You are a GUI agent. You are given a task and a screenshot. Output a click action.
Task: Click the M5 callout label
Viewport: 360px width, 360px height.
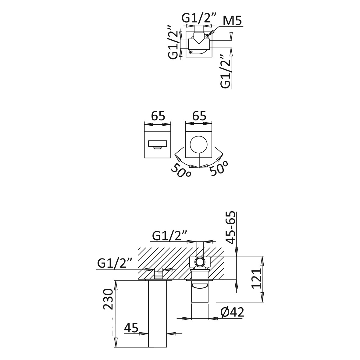point(232,21)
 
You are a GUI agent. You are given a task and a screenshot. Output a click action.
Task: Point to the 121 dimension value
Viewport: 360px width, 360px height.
point(256,279)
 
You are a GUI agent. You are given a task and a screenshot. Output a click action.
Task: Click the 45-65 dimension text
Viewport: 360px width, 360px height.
point(231,227)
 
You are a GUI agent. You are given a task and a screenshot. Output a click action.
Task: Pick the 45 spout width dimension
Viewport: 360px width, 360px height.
point(131,328)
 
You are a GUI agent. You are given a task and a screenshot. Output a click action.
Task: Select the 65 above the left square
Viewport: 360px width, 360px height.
point(158,116)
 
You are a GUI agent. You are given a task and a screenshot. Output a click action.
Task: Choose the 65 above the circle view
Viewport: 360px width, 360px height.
point(199,116)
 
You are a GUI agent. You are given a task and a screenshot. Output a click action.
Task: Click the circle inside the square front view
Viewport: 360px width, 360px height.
point(199,144)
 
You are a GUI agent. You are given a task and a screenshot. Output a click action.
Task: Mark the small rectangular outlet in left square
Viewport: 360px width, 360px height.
point(157,144)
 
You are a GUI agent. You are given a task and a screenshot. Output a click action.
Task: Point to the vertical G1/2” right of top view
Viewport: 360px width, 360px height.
point(226,72)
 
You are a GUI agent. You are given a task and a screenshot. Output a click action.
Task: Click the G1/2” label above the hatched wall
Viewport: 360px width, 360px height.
point(169,236)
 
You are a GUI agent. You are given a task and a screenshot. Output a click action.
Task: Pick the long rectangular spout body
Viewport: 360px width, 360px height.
point(158,314)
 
